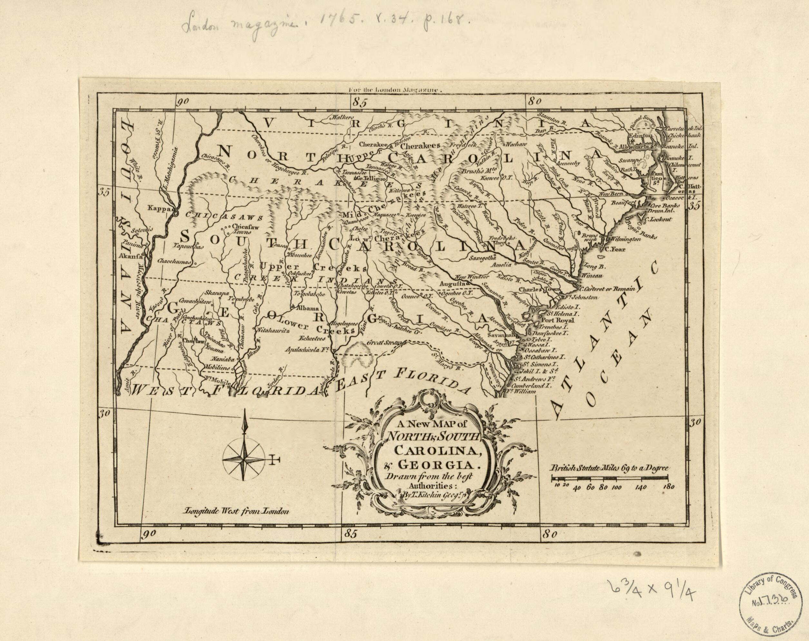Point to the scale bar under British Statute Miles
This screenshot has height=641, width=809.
point(609,478)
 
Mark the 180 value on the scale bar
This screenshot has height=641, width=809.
point(669,488)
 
